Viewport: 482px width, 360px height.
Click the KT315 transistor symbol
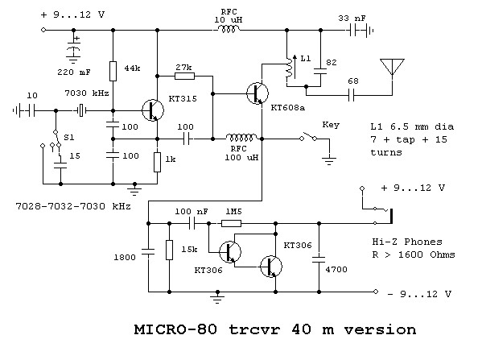(x=153, y=110)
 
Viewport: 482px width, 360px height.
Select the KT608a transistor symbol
(x=257, y=93)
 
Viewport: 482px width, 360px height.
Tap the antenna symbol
(x=392, y=68)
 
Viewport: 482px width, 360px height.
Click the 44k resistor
(x=113, y=71)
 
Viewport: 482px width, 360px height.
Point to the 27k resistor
(x=184, y=76)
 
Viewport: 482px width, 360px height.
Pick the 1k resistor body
(x=157, y=162)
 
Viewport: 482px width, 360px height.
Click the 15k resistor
(x=169, y=250)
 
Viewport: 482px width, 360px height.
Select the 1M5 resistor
(x=231, y=223)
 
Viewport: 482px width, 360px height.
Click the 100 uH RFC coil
(x=241, y=138)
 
